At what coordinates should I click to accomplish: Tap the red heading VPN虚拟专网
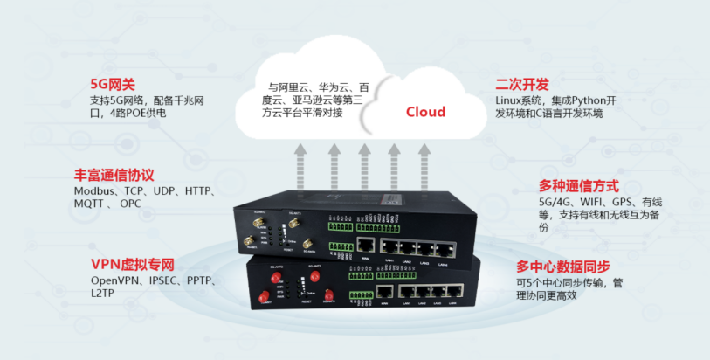click(133, 264)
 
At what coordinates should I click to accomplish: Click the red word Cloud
click(425, 112)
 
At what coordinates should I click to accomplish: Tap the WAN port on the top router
click(368, 247)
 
